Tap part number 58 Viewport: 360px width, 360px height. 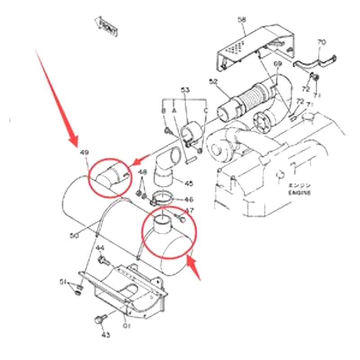pos(242,19)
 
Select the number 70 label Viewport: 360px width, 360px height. pos(321,42)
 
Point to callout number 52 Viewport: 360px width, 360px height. pos(213,82)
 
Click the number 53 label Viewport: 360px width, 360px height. pos(185,90)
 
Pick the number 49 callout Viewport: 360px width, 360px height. pos(84,153)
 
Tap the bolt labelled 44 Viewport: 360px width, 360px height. pos(104,260)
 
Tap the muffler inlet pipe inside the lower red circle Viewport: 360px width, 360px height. pos(163,224)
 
